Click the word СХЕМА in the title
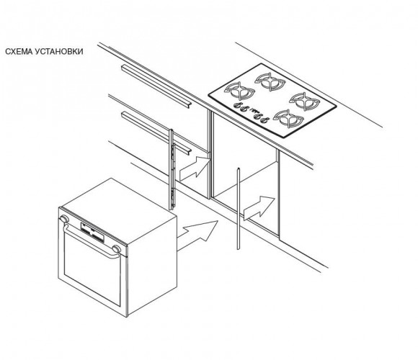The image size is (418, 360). point(19,51)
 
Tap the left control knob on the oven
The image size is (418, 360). point(64,219)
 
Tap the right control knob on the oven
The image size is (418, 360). point(116,249)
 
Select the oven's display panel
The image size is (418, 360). point(92,233)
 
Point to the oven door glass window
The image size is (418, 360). point(92,269)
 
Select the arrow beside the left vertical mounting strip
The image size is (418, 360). point(194,168)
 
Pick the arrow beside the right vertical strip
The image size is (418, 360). point(259,207)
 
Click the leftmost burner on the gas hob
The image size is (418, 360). point(239,91)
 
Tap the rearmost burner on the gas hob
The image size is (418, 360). point(270,81)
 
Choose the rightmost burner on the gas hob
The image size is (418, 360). point(304,101)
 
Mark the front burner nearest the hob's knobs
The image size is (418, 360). point(288,118)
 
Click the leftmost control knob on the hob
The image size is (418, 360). point(237,105)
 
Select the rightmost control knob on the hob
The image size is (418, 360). point(264,121)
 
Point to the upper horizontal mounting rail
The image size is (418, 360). point(156,86)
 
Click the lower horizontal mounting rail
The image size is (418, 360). point(156,133)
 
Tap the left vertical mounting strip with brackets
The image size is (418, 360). point(172,170)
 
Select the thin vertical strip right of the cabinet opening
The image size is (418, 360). point(239,209)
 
